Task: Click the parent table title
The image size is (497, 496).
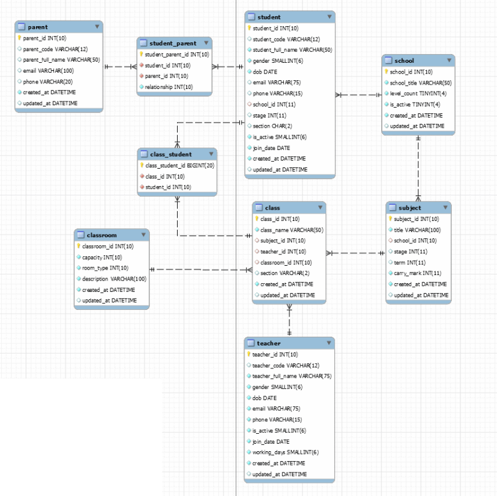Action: point(38,27)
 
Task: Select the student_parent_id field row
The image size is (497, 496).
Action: point(176,54)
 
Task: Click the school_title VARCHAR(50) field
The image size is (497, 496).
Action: point(421,83)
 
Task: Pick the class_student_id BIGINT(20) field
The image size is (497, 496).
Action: point(180,166)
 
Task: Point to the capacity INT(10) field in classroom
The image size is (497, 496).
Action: point(102,257)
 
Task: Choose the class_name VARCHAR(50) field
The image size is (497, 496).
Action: point(291,230)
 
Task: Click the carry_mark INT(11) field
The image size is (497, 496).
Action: point(417,273)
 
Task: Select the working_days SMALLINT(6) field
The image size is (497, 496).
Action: point(285,452)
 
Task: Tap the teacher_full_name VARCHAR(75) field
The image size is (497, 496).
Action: point(291,376)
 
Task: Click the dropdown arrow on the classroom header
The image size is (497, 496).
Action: point(143,235)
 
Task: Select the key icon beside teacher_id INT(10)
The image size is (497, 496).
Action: point(248,354)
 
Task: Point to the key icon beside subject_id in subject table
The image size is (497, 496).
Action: point(390,218)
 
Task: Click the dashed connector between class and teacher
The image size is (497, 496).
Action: point(290,321)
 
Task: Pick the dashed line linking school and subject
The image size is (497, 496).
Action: point(418,168)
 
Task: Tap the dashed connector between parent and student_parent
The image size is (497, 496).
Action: point(120,66)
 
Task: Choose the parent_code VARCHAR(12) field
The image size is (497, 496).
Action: point(55,49)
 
